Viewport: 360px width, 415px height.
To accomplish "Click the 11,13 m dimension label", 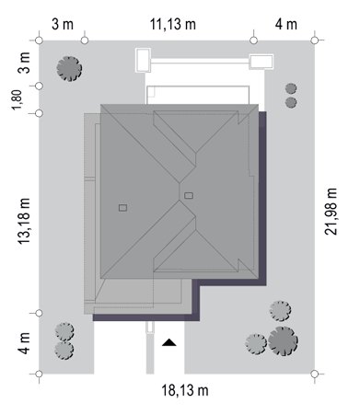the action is coord(173,24).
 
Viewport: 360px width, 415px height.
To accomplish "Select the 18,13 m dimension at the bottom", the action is coord(185,390).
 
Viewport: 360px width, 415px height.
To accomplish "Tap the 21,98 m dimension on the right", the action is coord(331,212).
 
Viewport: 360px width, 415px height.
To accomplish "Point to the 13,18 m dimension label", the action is coord(24,221).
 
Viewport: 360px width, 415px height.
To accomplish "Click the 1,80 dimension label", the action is coord(17,99).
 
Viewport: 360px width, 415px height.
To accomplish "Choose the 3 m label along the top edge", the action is coord(63,24).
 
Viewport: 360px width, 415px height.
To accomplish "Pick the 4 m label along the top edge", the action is coord(286,24).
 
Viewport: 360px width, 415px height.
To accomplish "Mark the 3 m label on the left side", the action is coord(24,63).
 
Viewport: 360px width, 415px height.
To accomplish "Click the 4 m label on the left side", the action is coord(24,343).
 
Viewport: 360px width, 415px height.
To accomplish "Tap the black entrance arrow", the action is coord(169,342).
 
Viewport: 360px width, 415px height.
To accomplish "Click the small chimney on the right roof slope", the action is coord(189,195).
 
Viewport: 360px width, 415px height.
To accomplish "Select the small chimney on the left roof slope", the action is coord(122,208).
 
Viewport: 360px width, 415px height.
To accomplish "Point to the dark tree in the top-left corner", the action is coord(69,69).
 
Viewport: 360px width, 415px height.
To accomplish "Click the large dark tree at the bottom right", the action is coord(283,341).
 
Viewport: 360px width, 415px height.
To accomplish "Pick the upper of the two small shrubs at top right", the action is coord(291,88).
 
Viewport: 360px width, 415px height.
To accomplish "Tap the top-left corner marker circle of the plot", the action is coord(39,40).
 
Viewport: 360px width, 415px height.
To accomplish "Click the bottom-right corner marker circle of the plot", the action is coord(315,374).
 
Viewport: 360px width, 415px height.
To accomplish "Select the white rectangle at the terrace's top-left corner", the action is coord(144,60).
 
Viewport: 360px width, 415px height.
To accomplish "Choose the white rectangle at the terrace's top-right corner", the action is coord(261,62).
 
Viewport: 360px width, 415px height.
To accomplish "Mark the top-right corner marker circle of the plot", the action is coord(315,40).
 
